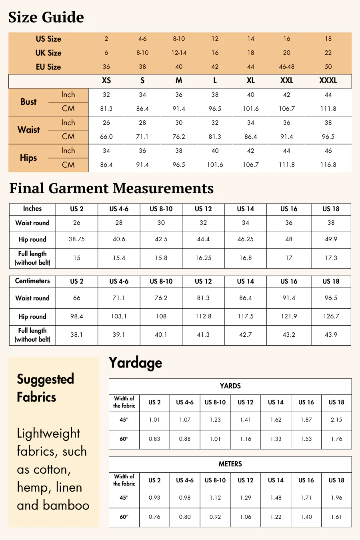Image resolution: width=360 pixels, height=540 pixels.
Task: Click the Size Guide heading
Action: pyautogui.click(x=46, y=18)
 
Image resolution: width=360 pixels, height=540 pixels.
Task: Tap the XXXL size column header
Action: pyautogui.click(x=328, y=80)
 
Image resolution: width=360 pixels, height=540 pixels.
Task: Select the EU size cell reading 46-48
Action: pyautogui.click(x=287, y=67)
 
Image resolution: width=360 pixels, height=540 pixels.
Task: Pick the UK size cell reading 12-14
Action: pyautogui.click(x=179, y=53)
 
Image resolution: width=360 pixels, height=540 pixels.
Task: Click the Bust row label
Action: pyautogui.click(x=28, y=102)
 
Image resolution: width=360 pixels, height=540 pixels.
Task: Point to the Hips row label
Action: pyautogui.click(x=28, y=158)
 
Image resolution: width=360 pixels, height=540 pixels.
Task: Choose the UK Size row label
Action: pyautogui.click(x=48, y=53)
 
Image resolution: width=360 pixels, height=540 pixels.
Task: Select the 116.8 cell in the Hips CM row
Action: pyautogui.click(x=328, y=165)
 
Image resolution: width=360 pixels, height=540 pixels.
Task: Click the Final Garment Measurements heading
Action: pyautogui.click(x=112, y=188)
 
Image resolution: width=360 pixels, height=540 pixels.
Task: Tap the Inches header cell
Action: pyautogui.click(x=32, y=208)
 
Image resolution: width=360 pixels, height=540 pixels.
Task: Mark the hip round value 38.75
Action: pyautogui.click(x=77, y=239)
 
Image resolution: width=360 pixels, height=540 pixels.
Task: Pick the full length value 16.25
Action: pyautogui.click(x=203, y=258)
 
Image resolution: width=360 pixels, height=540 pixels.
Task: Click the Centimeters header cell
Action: pyautogui.click(x=32, y=281)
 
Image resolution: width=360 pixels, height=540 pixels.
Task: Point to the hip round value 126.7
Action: pyautogui.click(x=331, y=316)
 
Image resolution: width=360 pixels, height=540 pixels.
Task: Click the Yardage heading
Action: pyautogui.click(x=136, y=362)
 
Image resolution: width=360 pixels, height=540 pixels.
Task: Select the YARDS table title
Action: pyautogui.click(x=230, y=386)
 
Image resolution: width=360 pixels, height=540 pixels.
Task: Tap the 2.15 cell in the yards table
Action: pyautogui.click(x=336, y=420)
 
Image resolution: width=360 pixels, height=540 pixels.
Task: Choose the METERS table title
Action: pyautogui.click(x=230, y=464)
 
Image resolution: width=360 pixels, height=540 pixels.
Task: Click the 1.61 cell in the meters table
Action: pyautogui.click(x=336, y=517)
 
